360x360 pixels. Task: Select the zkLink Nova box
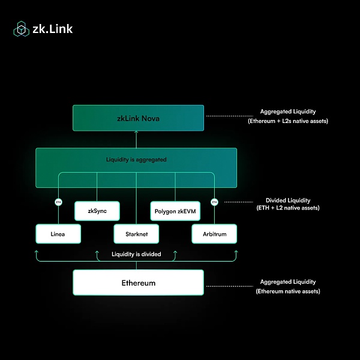tap(138, 118)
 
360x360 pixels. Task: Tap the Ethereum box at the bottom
tap(138, 283)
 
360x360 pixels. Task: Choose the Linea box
tap(58, 234)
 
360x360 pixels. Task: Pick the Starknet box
tap(136, 234)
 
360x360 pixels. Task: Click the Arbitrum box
tap(214, 234)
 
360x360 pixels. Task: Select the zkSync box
tap(97, 211)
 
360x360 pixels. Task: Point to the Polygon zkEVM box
tap(175, 211)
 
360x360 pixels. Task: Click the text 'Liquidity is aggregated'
tap(136, 160)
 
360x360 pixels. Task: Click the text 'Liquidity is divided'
tap(136, 254)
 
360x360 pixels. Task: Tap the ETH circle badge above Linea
tap(58, 202)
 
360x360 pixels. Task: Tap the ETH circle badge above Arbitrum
tap(215, 202)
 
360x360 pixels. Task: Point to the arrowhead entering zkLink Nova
tap(136, 134)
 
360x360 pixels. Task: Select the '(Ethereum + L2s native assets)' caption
tap(288, 121)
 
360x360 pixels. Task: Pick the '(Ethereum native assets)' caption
tap(288, 291)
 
